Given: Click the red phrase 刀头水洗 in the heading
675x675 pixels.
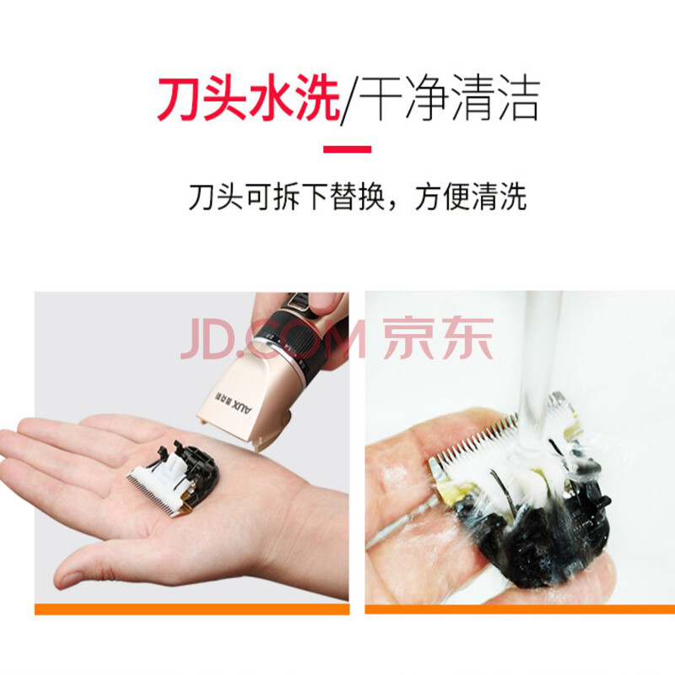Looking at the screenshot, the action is pyautogui.click(x=249, y=97).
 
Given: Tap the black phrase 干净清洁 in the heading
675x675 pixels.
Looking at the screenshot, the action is pyautogui.click(x=450, y=97).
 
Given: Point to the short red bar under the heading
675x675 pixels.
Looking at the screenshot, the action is pyautogui.click(x=347, y=149).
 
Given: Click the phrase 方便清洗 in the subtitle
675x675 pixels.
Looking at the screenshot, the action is pyautogui.click(x=471, y=197).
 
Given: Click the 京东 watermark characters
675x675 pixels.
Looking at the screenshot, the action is pyautogui.click(x=438, y=338).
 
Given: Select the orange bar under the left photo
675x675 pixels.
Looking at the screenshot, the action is pyautogui.click(x=192, y=608).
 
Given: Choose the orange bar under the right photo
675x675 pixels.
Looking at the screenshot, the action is pyautogui.click(x=520, y=608).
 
